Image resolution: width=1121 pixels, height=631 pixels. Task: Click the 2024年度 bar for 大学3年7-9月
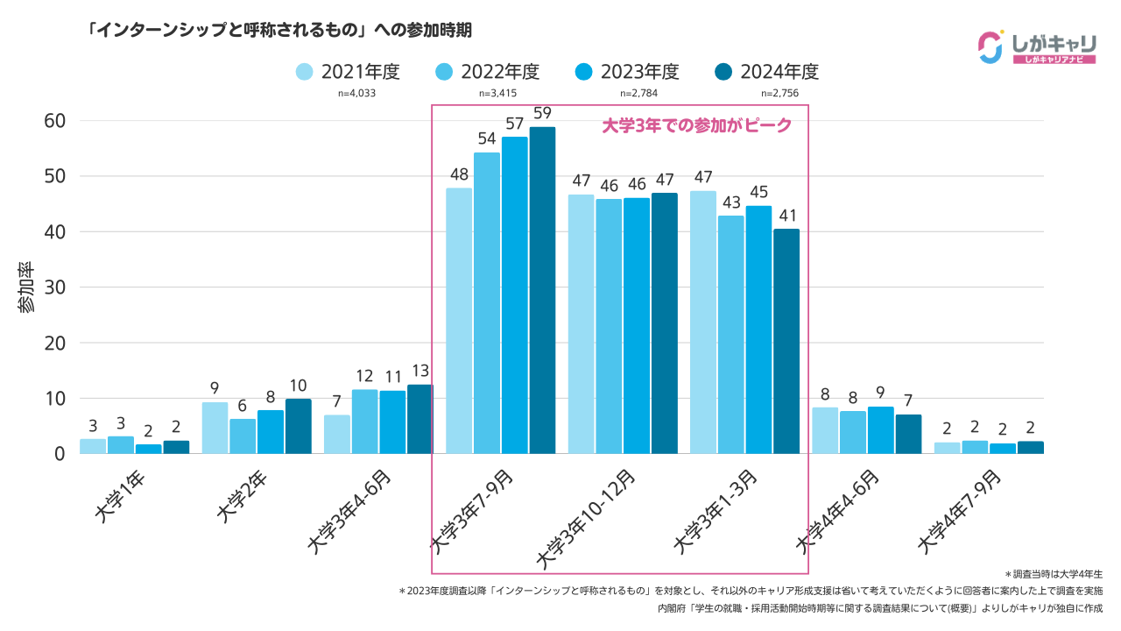pyautogui.click(x=542, y=290)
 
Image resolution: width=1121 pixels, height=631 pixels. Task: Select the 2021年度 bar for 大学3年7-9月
pyautogui.click(x=459, y=321)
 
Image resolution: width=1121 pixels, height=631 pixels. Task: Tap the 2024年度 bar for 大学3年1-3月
pyautogui.click(x=786, y=341)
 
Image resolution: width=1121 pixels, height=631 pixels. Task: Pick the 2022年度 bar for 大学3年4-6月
pyautogui.click(x=365, y=422)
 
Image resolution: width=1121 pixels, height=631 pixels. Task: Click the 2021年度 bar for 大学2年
pyautogui.click(x=215, y=428)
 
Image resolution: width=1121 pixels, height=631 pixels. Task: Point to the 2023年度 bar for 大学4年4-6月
pyautogui.click(x=881, y=430)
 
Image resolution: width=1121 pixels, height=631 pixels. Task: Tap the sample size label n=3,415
pyautogui.click(x=497, y=94)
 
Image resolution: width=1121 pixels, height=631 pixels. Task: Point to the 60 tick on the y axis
pyautogui.click(x=54, y=121)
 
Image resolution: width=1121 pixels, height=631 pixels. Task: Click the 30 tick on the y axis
pyautogui.click(x=54, y=287)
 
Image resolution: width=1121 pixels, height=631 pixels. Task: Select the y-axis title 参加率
pyautogui.click(x=26, y=287)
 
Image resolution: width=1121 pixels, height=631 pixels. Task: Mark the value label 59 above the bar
pyautogui.click(x=542, y=113)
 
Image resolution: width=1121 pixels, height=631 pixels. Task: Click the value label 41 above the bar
pyautogui.click(x=786, y=215)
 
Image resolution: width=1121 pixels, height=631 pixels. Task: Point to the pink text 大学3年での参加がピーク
pyautogui.click(x=697, y=125)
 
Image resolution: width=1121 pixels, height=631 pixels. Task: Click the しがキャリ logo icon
pyautogui.click(x=990, y=47)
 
